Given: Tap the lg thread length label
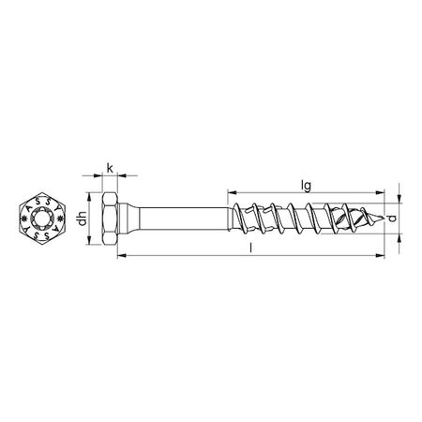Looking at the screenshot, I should [x=306, y=187].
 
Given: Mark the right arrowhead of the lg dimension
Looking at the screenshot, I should [x=382, y=195].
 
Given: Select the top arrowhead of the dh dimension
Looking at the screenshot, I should [x=91, y=199].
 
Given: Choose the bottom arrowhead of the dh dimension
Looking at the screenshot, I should [x=91, y=246].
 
